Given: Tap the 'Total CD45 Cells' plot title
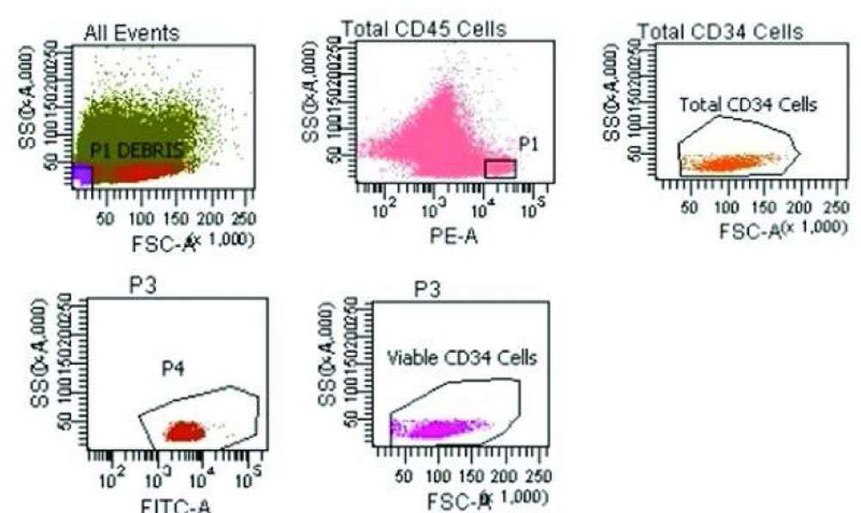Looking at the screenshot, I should (424, 29).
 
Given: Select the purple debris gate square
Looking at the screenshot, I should (81, 175).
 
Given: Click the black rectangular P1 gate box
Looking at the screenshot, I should (499, 168).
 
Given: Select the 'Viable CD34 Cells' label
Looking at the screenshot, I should (461, 358).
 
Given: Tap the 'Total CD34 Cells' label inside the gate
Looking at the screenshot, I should (747, 106).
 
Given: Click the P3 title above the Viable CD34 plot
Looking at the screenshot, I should (428, 288).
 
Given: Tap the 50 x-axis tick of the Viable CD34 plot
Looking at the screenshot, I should (410, 475).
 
